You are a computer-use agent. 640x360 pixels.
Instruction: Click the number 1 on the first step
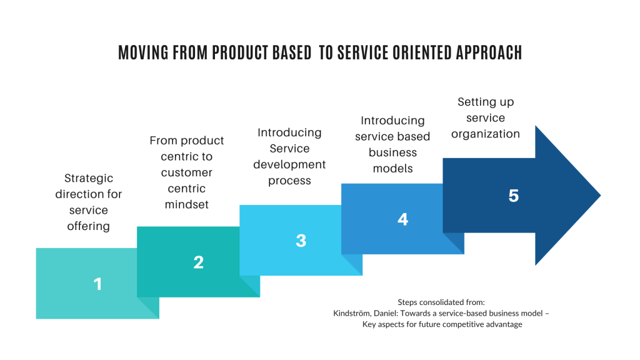(x=97, y=284)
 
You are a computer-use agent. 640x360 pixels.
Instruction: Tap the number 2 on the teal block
(x=198, y=262)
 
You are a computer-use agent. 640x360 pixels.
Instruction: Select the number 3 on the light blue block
(x=301, y=241)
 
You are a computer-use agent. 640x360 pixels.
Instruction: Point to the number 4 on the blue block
(x=402, y=219)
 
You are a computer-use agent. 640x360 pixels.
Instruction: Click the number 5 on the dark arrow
(x=513, y=196)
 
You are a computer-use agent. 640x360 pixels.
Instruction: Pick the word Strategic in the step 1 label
(x=88, y=178)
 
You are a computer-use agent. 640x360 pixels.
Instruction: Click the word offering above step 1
(x=88, y=226)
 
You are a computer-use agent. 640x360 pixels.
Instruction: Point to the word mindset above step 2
(x=186, y=204)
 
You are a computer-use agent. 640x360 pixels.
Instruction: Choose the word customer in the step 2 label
(x=186, y=172)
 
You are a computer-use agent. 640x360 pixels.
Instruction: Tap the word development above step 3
(x=289, y=165)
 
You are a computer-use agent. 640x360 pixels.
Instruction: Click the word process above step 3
(x=289, y=181)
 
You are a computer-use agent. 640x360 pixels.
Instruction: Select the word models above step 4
(x=392, y=169)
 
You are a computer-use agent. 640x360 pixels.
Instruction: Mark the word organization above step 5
(x=486, y=134)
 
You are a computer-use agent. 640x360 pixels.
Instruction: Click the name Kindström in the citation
(x=354, y=313)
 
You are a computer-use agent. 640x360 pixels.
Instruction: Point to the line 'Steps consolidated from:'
(x=441, y=301)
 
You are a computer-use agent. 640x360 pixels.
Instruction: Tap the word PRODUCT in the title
(x=241, y=53)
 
